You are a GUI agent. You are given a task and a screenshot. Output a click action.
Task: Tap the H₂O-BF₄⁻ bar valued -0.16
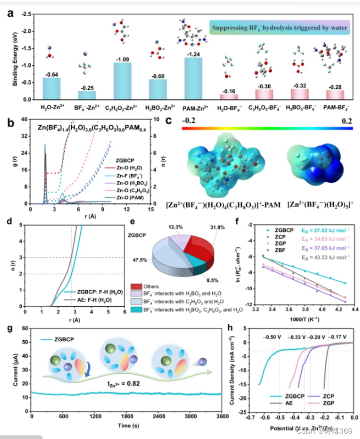229,96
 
